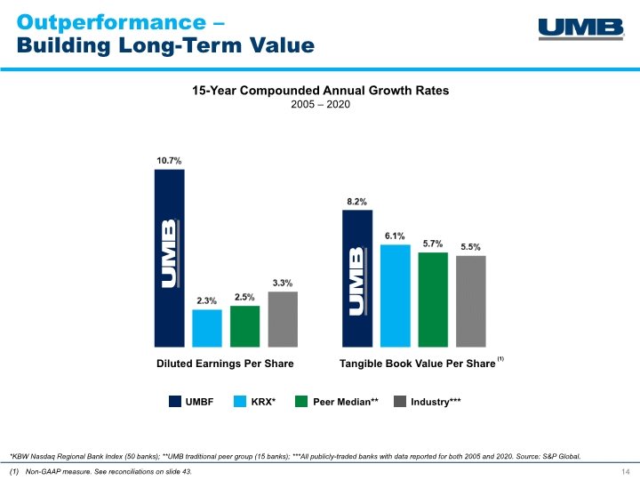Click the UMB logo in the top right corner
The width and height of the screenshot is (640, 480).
581,29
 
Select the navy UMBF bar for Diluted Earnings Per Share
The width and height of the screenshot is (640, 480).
170,258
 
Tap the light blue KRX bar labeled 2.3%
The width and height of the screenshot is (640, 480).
207,328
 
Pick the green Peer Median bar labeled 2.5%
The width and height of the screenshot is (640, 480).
245,326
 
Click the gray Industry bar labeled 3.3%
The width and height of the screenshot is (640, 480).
283,319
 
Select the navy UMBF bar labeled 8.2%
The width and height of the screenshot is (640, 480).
357,278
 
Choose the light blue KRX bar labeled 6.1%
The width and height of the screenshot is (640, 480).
395,296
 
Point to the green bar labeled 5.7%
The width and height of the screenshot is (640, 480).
433,300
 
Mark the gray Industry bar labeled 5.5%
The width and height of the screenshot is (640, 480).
471,301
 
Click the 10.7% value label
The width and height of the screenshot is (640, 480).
169,161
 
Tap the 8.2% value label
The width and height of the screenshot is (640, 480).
356,202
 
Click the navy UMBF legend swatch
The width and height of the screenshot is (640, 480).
175,401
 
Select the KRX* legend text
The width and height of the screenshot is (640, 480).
263,402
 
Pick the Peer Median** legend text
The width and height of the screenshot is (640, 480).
346,402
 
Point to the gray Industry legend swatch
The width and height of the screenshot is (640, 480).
400,401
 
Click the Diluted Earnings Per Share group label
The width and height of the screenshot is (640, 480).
225,364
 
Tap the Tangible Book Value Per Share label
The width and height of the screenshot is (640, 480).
417,364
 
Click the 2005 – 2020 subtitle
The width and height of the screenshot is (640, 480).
320,105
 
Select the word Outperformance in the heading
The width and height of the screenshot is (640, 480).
111,23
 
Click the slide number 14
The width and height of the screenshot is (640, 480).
625,472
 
